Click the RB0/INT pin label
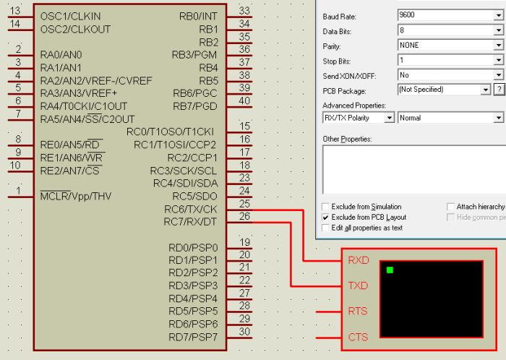click(198, 16)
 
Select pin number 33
click(244, 11)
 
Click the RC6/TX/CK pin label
click(191, 210)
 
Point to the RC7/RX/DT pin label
click(191, 222)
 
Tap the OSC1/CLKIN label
click(71, 16)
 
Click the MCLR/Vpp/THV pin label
click(76, 196)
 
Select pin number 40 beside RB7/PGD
click(244, 100)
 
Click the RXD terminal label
click(358, 260)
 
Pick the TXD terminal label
click(358, 286)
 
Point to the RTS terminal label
click(358, 312)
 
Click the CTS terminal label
click(358, 337)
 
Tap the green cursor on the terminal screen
click(390, 270)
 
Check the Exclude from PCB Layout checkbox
click(325, 217)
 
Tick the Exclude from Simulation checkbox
click(325, 207)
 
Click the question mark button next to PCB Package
click(498, 90)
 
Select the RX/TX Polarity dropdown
click(358, 118)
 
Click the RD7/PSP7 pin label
click(192, 338)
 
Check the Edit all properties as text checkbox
click(325, 228)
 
